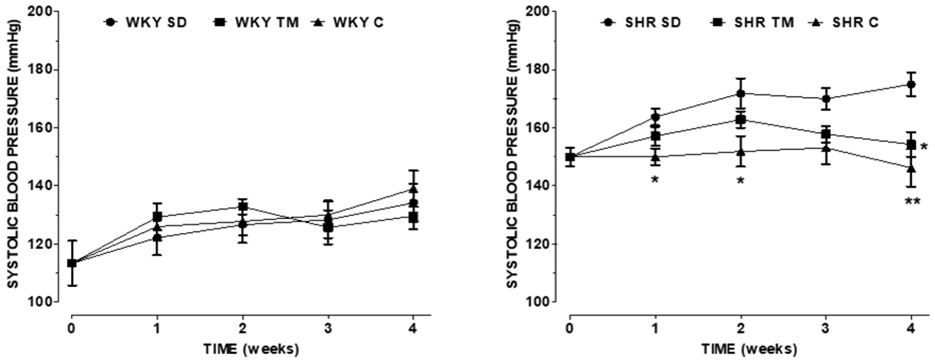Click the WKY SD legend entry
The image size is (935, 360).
point(145,22)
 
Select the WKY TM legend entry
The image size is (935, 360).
point(256,22)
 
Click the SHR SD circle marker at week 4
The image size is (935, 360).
point(911,84)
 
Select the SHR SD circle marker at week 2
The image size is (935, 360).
point(741,93)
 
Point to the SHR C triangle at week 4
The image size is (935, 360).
point(911,169)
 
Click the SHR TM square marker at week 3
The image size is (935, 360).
point(826,134)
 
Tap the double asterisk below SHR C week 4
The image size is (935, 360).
point(912,202)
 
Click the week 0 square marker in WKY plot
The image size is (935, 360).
point(72,263)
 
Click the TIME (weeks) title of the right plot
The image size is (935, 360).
point(749,349)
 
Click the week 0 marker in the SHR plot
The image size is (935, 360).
point(570,157)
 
